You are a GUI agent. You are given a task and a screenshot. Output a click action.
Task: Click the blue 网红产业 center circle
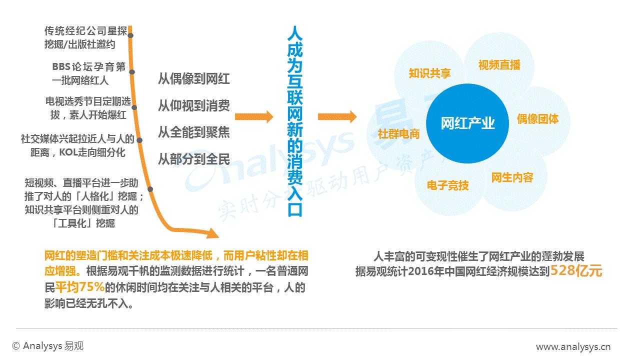coord(467,123)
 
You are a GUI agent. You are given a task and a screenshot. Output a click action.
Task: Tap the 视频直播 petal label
coord(499,65)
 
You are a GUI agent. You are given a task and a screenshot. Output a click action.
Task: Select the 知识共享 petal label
coord(429,73)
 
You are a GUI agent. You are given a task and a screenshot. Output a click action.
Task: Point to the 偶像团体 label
coord(537,119)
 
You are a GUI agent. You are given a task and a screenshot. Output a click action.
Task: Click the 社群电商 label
coord(398,133)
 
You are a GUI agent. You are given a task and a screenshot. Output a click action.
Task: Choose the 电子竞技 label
coord(447,185)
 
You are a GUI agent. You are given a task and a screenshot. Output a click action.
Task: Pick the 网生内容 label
coord(512,177)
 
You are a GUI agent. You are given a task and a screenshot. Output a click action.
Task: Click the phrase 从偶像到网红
coord(193,79)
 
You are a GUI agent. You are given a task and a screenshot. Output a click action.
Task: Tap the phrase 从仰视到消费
coord(193,105)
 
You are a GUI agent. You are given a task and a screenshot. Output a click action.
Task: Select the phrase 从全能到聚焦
coord(193,132)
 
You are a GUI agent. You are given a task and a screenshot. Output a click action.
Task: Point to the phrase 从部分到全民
coord(193,159)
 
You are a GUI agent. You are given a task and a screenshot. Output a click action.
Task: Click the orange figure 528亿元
coord(576,270)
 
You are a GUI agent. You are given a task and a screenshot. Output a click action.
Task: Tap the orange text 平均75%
coord(79,287)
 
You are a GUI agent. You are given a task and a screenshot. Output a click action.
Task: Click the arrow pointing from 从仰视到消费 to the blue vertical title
coord(254,116)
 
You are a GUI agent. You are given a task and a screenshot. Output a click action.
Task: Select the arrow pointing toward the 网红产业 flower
coord(337,116)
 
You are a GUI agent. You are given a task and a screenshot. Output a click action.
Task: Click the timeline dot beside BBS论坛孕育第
coord(132,72)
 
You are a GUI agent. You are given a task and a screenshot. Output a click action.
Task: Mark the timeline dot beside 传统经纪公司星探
coord(130,35)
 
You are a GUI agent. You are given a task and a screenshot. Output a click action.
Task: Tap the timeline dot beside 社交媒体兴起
coord(139,140)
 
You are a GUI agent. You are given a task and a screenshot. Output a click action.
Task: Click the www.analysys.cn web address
coord(573,347)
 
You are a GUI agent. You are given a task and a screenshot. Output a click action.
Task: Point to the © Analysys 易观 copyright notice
coord(47,346)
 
